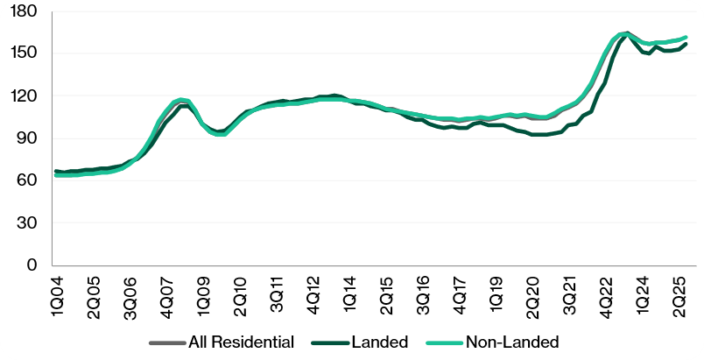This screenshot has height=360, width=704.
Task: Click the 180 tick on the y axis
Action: [24, 11]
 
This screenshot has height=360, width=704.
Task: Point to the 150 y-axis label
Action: [24, 53]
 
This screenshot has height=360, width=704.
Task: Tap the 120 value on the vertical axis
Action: [24, 95]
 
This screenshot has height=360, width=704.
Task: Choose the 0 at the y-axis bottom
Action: [32, 265]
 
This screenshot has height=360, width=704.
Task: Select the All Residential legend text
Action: [241, 341]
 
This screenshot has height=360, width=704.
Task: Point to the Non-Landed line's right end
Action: [686, 38]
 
